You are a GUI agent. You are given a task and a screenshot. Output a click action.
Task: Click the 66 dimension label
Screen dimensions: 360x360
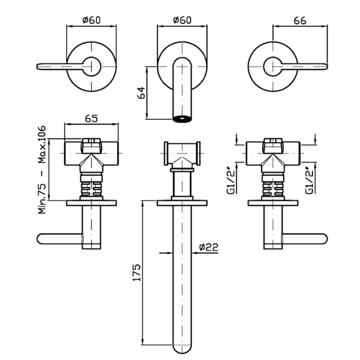pos(300,20)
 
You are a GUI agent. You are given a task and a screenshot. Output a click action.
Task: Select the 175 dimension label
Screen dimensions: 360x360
pos(137,272)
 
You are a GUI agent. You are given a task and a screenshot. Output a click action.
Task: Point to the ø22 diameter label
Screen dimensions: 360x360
pos(208,248)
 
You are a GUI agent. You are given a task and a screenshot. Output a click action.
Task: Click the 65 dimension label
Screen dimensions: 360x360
pos(91,119)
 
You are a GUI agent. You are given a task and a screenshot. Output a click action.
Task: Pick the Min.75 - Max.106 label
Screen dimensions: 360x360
pos(42,169)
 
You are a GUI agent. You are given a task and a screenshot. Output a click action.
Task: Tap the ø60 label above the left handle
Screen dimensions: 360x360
pos(91,20)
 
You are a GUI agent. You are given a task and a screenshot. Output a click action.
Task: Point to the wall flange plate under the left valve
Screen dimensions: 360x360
pos(91,203)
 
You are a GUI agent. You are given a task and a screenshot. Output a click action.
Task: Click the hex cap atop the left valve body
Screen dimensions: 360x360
pos(92,145)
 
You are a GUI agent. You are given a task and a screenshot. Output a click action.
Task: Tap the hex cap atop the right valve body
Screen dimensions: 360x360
pos(273,145)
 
